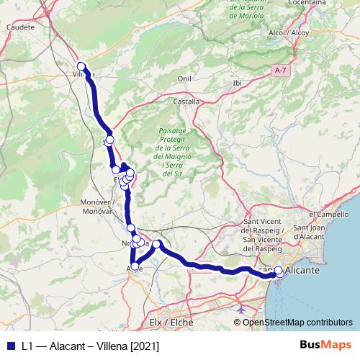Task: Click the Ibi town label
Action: [x=237, y=83]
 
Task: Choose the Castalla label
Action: [x=186, y=102]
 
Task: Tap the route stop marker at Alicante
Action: [x=279, y=271]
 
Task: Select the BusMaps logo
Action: [x=325, y=346]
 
